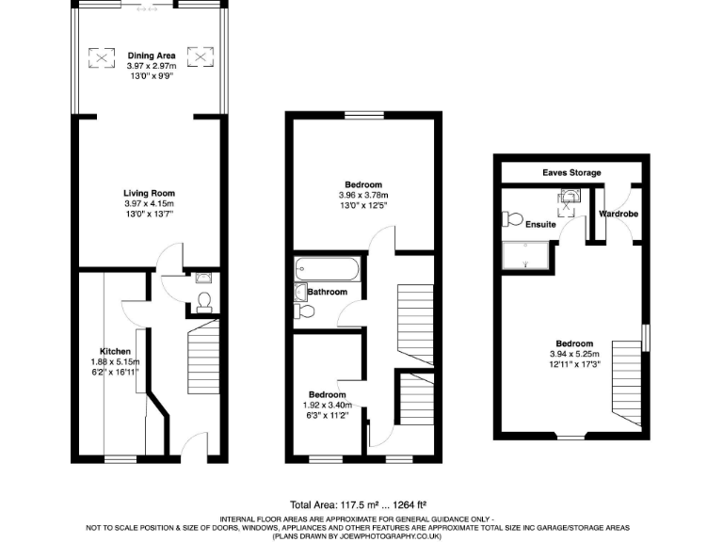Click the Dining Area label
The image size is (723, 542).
coord(152,56)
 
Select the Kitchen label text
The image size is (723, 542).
coord(116,350)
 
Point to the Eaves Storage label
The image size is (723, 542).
coord(571,172)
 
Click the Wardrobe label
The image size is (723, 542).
coord(619,215)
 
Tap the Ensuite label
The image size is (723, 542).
coord(541,225)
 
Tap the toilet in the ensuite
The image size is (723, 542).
coord(512,218)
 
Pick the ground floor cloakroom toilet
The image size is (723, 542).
coord(203,301)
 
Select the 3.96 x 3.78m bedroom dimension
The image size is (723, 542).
coord(362,195)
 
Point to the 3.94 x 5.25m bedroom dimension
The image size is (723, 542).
coord(573,354)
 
